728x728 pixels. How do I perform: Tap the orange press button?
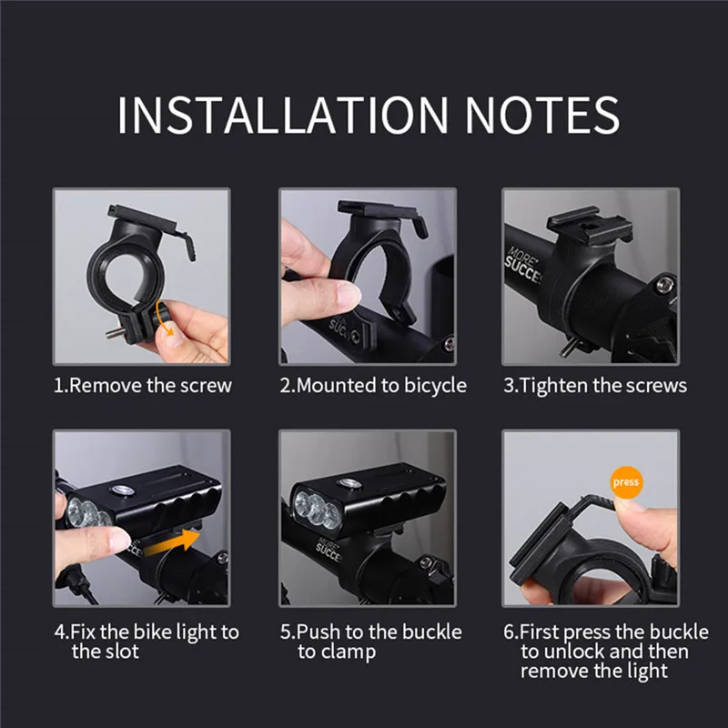tap(627, 481)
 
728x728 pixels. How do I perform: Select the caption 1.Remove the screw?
tap(143, 385)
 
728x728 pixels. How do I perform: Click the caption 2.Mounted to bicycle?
tap(372, 385)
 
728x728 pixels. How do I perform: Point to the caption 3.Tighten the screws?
tap(595, 385)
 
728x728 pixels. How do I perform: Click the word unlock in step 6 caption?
tap(573, 652)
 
